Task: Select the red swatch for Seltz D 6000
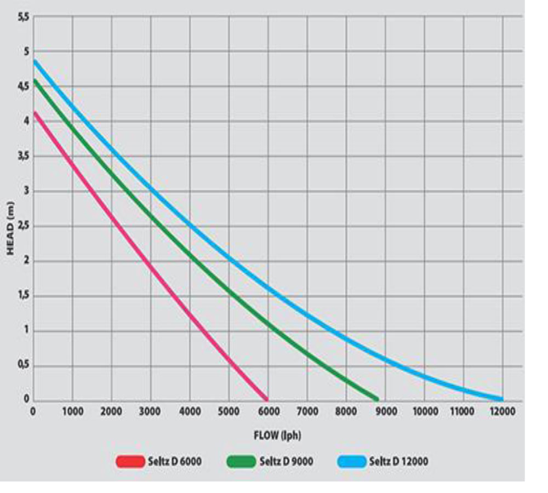(x=130, y=462)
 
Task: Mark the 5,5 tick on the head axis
(x=23, y=18)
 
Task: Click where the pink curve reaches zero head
(x=266, y=398)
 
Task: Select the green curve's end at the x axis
(x=376, y=398)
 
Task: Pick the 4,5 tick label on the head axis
(x=23, y=87)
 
